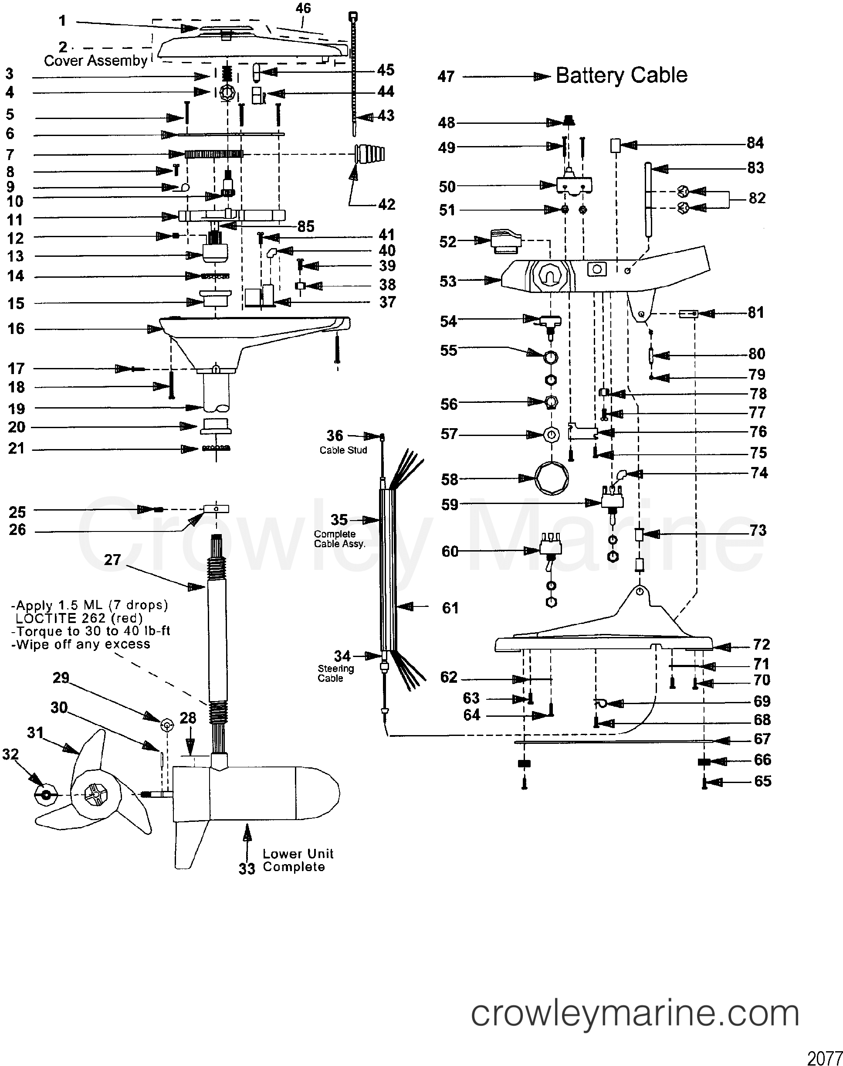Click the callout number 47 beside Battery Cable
coord(446,77)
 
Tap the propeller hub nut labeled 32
coord(45,795)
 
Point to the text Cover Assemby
coord(96,61)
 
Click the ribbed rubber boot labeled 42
coord(370,154)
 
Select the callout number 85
coord(305,226)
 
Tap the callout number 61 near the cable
coord(450,608)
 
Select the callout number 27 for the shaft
coord(112,560)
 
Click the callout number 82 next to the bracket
coord(757,198)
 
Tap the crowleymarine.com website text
coord(635,1014)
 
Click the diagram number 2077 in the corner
coord(824,1058)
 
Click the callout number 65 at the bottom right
coord(762,781)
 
